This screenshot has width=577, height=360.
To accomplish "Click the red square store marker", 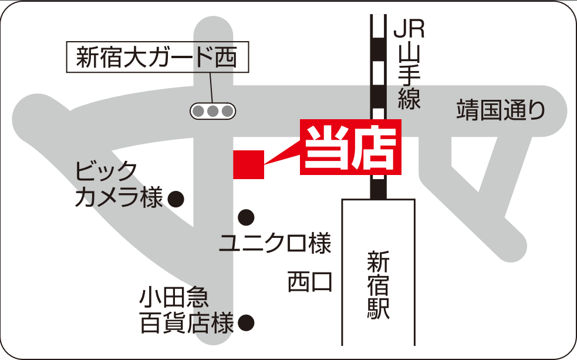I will tap(249, 164).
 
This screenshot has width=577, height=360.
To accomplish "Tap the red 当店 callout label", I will tap(351, 147).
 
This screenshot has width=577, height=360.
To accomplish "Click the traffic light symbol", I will tap(212, 110).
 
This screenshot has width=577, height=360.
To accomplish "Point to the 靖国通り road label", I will tap(501, 110).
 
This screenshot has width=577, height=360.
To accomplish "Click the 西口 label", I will tap(309, 282).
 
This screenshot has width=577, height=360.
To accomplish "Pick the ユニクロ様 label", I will tap(275, 243).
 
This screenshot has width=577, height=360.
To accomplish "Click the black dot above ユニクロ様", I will tap(245, 217).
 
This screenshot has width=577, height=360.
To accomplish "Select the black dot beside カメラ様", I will tap(176, 199).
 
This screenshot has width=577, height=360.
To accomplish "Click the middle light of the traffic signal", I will tap(212, 110).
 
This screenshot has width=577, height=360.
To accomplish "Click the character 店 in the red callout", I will tap(376, 147).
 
